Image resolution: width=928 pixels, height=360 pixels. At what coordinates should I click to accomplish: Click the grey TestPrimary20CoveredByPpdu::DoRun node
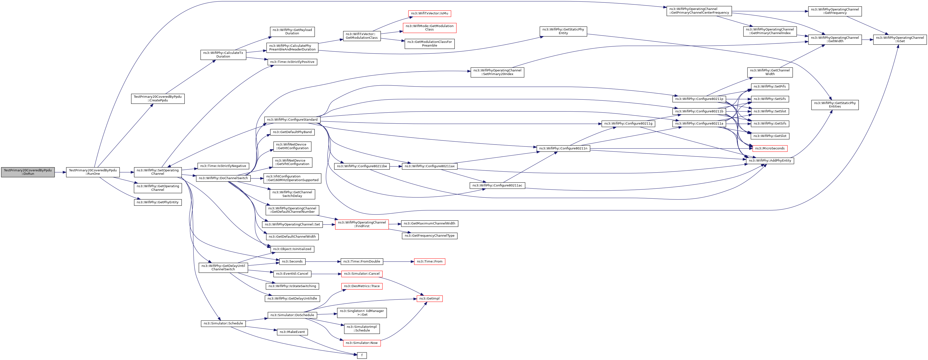(28, 172)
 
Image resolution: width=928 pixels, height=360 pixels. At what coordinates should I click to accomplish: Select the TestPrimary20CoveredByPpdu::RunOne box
(93, 172)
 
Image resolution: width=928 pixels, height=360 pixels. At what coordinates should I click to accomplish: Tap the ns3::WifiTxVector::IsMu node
(429, 13)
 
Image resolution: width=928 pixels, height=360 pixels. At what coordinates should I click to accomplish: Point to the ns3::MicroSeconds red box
(770, 148)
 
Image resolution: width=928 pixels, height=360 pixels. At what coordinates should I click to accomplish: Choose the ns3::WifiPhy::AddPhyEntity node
(770, 161)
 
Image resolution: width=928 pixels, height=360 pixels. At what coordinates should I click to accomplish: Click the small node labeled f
(362, 355)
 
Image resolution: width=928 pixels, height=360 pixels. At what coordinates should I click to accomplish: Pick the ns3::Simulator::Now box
(362, 343)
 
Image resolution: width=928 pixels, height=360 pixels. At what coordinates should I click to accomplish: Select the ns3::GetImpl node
(429, 298)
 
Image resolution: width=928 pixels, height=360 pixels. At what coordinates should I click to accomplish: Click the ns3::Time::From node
(429, 262)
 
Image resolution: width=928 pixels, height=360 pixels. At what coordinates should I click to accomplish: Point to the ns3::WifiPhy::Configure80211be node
(362, 166)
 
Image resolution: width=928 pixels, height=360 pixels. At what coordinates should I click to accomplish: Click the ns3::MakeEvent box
(292, 332)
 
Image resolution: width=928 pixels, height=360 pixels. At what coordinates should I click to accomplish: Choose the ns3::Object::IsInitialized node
(292, 249)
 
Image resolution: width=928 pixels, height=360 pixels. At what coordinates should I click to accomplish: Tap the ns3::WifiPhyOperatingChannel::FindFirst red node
(362, 224)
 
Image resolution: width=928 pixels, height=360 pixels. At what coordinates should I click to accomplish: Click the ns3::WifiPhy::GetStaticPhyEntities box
(835, 105)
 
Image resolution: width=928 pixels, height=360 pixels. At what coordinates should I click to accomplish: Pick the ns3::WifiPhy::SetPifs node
(770, 87)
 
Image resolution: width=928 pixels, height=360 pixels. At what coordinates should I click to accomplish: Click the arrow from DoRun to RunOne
(60, 172)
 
